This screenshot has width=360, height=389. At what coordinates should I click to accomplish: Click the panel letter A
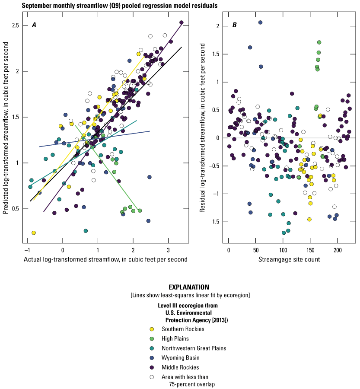[34, 25]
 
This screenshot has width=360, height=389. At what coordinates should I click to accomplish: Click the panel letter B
[234, 25]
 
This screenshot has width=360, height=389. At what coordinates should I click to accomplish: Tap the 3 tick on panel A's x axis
[169, 250]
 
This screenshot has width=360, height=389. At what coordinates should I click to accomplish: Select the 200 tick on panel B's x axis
[338, 250]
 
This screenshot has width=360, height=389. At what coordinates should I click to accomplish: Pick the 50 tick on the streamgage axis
[256, 250]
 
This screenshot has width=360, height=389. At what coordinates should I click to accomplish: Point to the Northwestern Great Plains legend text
[190, 348]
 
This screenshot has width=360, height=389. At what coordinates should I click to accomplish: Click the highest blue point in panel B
[261, 22]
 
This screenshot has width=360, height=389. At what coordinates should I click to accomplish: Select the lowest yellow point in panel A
[34, 233]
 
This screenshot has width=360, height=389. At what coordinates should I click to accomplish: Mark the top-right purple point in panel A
[182, 22]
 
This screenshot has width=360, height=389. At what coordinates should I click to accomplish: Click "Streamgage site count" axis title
[289, 260]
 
